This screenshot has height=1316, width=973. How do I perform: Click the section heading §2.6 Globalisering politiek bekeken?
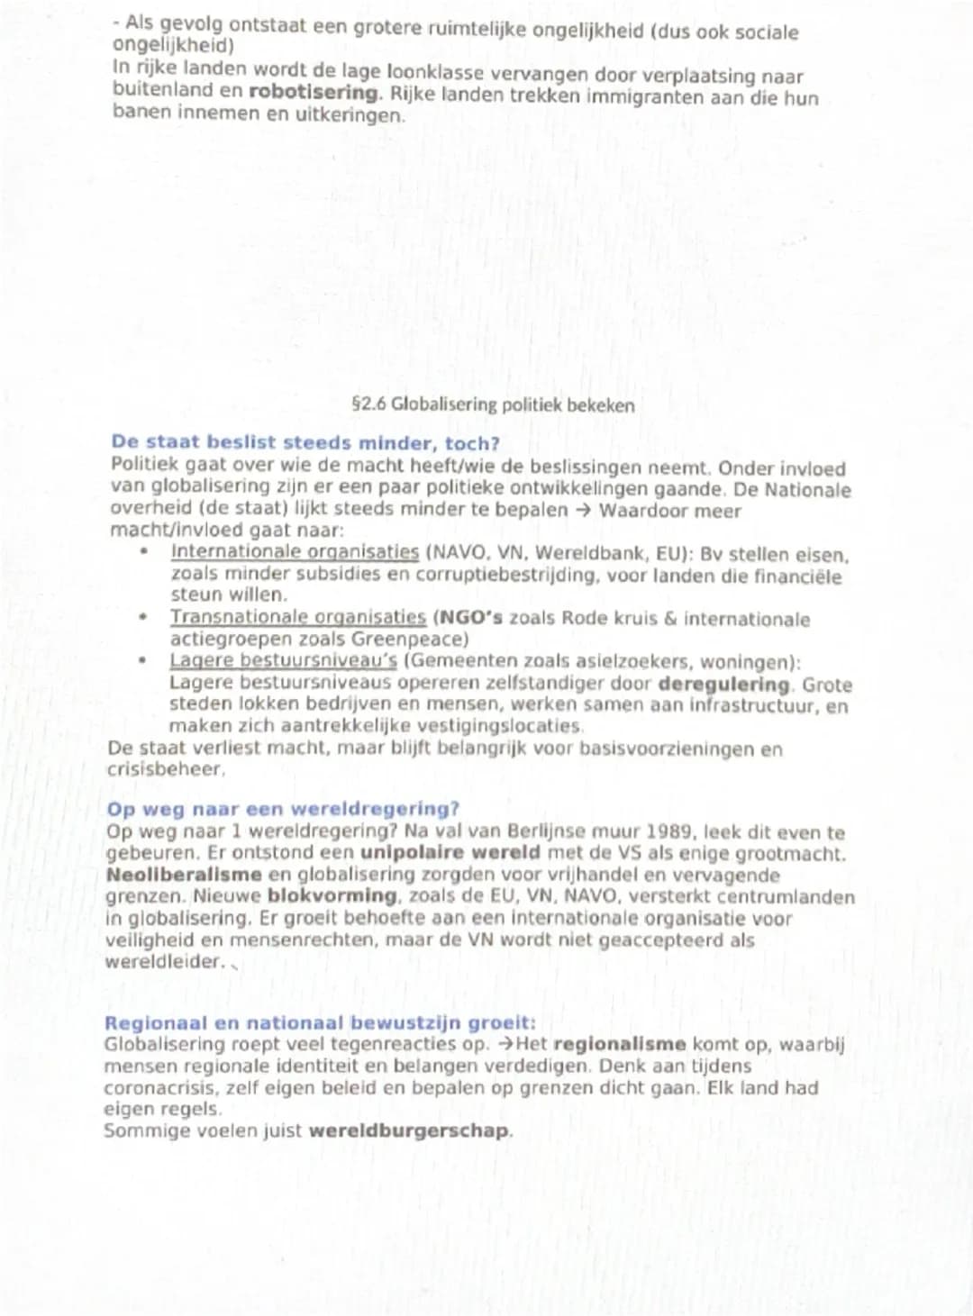(493, 405)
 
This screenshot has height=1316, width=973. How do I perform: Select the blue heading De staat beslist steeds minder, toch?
(305, 442)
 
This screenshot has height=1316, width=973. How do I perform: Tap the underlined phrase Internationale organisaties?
(295, 552)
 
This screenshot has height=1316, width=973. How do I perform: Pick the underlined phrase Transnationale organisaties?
(297, 618)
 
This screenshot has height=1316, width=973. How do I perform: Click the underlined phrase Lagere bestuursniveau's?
(283, 661)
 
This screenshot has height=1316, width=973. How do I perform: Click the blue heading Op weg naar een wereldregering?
(283, 809)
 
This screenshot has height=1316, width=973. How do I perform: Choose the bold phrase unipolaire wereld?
(450, 853)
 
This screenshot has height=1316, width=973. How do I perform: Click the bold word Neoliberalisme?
(183, 875)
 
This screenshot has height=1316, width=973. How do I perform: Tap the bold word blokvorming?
(332, 896)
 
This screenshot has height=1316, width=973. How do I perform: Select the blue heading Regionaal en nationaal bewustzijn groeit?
(320, 1023)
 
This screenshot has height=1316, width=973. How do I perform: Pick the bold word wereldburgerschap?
(408, 1131)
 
